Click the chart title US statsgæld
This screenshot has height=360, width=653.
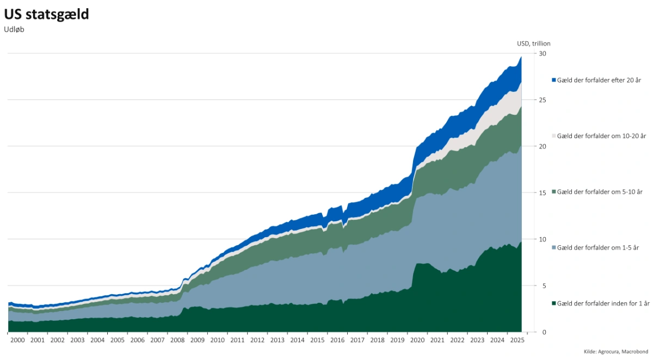pos(46,15)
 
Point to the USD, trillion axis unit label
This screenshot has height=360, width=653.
pos(534,44)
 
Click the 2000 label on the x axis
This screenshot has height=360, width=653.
pos(17,340)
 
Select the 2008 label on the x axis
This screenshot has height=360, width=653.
pos(177,340)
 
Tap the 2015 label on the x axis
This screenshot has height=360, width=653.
pos(317,340)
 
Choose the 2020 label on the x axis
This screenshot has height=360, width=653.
pos(417,340)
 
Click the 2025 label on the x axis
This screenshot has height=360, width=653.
pos(517,340)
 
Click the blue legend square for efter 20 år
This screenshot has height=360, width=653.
pos(554,80)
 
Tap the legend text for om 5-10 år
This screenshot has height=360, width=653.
pos(600,192)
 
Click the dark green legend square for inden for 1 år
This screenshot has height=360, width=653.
pos(554,303)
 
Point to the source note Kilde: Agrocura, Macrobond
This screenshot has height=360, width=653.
pos(615,352)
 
